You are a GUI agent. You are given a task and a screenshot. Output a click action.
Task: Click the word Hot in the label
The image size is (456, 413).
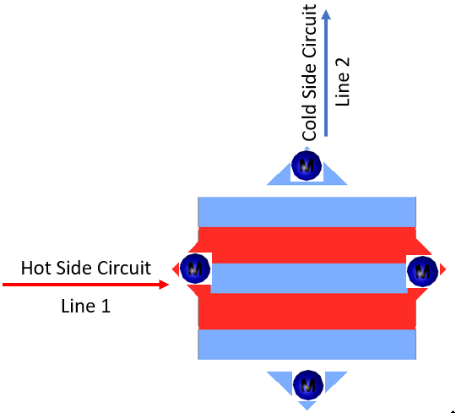coord(35,268)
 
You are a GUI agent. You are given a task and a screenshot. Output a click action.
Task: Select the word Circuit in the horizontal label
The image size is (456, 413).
coord(124,268)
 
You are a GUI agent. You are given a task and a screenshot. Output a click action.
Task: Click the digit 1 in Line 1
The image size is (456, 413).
coord(106,306)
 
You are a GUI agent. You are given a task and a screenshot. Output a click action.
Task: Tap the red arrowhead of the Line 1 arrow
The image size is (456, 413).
coord(164,285)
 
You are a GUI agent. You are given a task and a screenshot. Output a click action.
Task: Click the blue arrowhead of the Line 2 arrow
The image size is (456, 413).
coord(326,15)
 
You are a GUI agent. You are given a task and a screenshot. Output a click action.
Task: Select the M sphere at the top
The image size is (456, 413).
coord(307,166)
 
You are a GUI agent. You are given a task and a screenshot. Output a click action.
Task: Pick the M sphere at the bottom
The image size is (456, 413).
coord(308,385)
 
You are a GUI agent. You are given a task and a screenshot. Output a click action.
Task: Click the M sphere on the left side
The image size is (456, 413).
coord(195,269)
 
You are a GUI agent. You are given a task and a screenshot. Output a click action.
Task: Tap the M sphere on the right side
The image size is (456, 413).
coord(422,271)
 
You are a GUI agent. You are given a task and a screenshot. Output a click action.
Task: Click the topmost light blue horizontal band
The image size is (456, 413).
coord(307,212)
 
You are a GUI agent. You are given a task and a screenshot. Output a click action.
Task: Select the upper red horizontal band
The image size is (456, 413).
coord(307,246)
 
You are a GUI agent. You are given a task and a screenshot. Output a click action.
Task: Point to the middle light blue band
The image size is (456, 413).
coord(309,279)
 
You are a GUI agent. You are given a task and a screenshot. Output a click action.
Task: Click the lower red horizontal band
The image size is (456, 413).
coord(307,311)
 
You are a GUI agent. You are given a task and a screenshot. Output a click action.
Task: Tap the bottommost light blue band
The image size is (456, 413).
coord(307,345)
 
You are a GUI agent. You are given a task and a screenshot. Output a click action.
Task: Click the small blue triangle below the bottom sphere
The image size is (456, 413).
coord(307,405)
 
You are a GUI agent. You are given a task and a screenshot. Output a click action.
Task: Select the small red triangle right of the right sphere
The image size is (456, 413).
coord(443,269)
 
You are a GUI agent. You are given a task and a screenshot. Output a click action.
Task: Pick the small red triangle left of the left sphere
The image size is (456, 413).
coord(176,269)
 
